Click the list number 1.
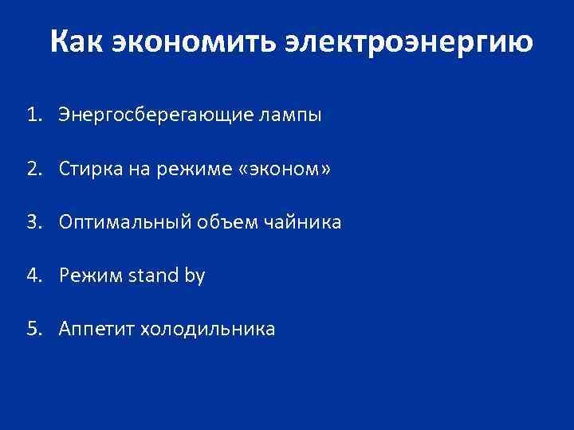coord(31,115)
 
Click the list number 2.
coord(31,169)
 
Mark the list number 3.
coord(31,222)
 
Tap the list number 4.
coord(31,276)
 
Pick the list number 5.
coord(31,329)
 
